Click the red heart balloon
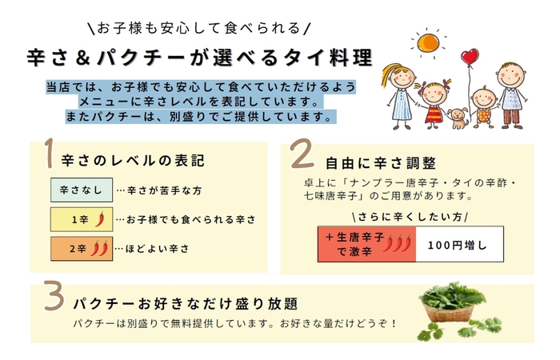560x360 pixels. point(470,57)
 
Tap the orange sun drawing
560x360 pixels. point(428,42)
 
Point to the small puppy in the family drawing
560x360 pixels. point(458,118)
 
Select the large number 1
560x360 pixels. point(50,154)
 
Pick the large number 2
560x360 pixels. point(302,154)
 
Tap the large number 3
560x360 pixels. point(54,296)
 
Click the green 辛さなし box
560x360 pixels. point(82,190)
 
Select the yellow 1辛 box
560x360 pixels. point(82,219)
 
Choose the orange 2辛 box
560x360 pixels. point(82,249)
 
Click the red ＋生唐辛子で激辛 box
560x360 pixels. point(366,244)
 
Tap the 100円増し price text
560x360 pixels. point(457,246)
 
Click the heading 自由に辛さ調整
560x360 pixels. point(381,163)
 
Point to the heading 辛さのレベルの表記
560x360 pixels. point(133,161)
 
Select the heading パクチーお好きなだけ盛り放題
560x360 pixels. point(186,304)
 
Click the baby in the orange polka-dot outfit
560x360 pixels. point(483,106)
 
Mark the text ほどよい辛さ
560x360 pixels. point(157,249)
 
